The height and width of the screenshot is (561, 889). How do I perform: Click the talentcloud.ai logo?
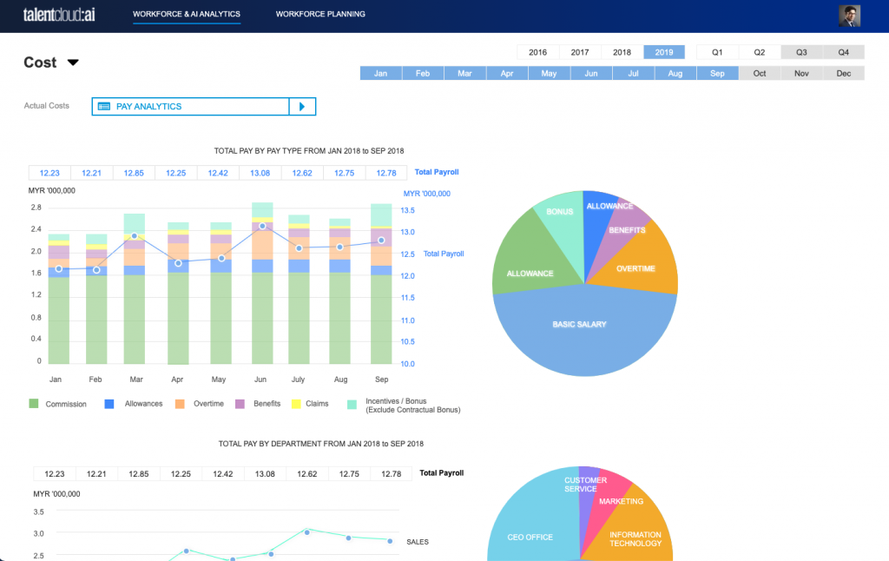coord(60,15)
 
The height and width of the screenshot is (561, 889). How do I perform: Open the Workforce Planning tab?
coord(320,15)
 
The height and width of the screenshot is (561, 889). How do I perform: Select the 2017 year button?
coord(580,52)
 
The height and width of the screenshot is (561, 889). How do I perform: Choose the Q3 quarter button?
coord(801,52)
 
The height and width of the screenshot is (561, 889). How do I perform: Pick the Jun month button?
coord(591,74)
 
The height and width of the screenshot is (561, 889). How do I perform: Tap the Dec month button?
coord(843,74)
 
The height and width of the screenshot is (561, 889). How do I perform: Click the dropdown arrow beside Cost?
coord(73,63)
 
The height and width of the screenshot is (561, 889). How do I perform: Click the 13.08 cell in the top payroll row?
coord(260,173)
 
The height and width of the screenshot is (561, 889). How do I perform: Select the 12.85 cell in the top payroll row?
coord(134,173)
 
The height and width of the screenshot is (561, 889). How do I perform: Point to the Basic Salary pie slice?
coord(580,326)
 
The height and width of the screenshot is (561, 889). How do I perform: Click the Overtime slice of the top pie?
coord(635,268)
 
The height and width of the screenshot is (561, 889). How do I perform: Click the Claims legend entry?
coord(311,404)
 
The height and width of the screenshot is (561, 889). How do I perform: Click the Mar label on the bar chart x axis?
coord(135,379)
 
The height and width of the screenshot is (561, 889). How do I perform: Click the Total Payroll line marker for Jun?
coord(262,226)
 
